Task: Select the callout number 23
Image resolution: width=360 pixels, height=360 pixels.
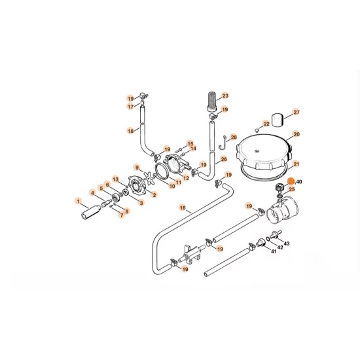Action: point(225,96)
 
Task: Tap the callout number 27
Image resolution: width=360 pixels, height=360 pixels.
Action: point(295,113)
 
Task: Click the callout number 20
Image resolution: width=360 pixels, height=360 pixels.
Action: point(296,134)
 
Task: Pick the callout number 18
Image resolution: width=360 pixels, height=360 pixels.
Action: point(130,131)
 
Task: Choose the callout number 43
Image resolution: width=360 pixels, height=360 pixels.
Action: point(286,243)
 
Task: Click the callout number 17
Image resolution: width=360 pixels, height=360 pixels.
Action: point(130,106)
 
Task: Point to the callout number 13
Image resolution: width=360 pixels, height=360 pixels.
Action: point(115,179)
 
